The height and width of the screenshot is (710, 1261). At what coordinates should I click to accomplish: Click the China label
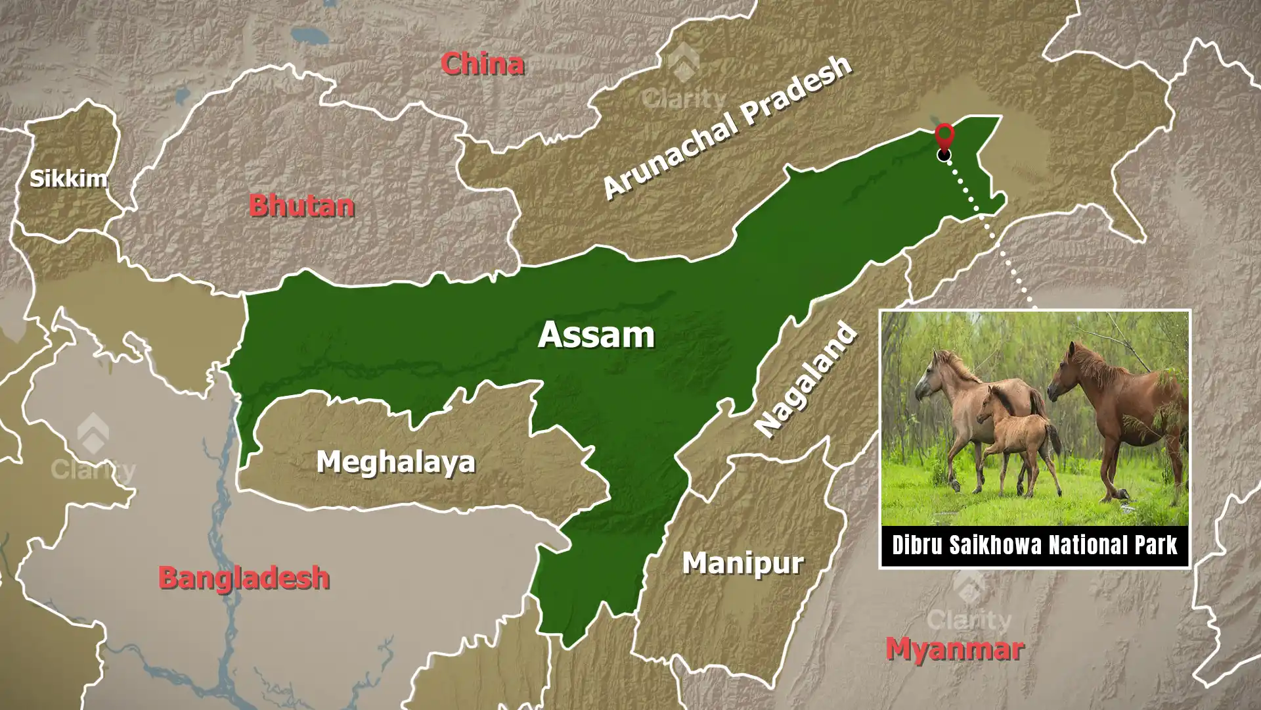(x=482, y=64)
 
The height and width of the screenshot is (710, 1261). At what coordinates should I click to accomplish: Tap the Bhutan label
(x=301, y=206)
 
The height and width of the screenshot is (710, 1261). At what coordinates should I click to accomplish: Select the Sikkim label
(x=68, y=178)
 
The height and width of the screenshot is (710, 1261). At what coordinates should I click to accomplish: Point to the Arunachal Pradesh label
(x=727, y=126)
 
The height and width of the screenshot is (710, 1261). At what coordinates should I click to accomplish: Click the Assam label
(x=596, y=335)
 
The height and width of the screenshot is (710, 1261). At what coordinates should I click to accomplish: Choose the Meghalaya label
(x=395, y=461)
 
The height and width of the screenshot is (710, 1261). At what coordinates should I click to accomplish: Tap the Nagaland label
(x=806, y=380)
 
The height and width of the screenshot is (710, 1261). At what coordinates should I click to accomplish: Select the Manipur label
(x=743, y=563)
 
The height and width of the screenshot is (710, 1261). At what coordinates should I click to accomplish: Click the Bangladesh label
(x=244, y=578)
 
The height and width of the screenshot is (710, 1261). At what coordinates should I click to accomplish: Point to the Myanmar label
(x=954, y=649)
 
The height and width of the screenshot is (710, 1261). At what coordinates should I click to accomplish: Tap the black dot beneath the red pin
(x=944, y=154)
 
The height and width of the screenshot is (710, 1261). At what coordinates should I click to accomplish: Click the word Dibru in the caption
(x=918, y=546)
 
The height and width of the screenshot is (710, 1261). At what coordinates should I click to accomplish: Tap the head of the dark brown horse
(x=1063, y=373)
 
